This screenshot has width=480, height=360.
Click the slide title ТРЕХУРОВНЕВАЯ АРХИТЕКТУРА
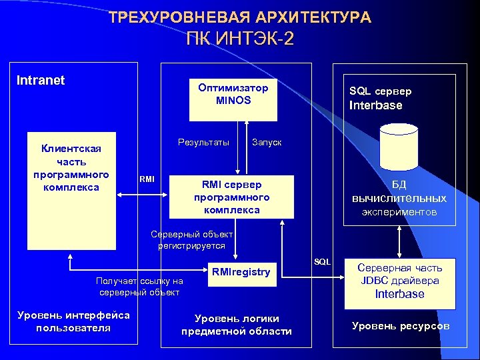click(x=240, y=17)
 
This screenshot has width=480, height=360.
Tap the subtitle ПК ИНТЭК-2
click(x=239, y=39)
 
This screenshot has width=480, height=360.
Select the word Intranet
click(x=40, y=81)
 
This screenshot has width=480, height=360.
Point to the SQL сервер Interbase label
click(x=380, y=98)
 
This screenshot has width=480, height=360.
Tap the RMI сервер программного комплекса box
click(x=231, y=197)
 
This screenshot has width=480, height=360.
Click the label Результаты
click(x=203, y=142)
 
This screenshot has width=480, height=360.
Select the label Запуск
click(x=267, y=143)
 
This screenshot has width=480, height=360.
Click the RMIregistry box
click(x=241, y=271)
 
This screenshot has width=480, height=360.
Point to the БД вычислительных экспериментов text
click(x=399, y=199)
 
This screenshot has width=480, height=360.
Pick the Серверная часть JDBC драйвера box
click(x=399, y=283)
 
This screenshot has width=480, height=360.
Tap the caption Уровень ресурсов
click(x=400, y=326)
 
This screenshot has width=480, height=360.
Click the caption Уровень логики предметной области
click(x=236, y=325)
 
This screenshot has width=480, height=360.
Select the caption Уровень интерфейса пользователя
click(x=73, y=321)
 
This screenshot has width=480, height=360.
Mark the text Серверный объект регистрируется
click(x=191, y=240)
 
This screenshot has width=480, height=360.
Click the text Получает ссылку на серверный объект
click(x=139, y=287)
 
